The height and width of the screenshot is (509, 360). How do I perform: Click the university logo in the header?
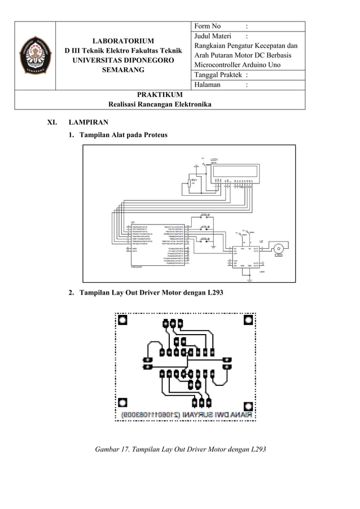click(34, 56)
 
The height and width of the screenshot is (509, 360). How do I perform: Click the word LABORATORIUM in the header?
click(122, 42)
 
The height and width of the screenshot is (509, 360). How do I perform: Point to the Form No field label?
click(208, 27)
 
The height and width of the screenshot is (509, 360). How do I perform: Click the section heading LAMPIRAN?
click(88, 122)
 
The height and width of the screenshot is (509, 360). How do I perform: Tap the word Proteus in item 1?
click(155, 135)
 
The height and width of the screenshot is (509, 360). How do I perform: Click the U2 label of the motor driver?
click(261, 241)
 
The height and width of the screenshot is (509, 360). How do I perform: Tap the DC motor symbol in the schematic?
click(278, 248)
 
